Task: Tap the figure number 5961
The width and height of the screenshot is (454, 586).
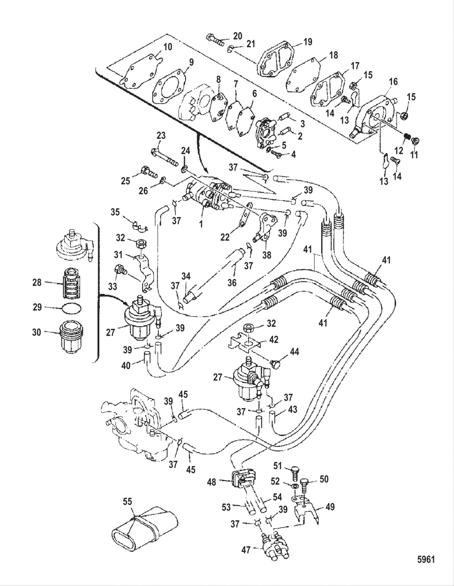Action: click(x=426, y=560)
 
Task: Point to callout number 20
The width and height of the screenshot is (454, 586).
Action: click(x=238, y=36)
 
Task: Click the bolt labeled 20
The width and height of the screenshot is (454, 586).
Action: click(x=215, y=40)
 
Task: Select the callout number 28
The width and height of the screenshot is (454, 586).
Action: click(x=37, y=282)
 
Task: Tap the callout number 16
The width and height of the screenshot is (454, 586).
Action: click(x=393, y=82)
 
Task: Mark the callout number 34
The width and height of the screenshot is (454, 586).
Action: click(x=186, y=276)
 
